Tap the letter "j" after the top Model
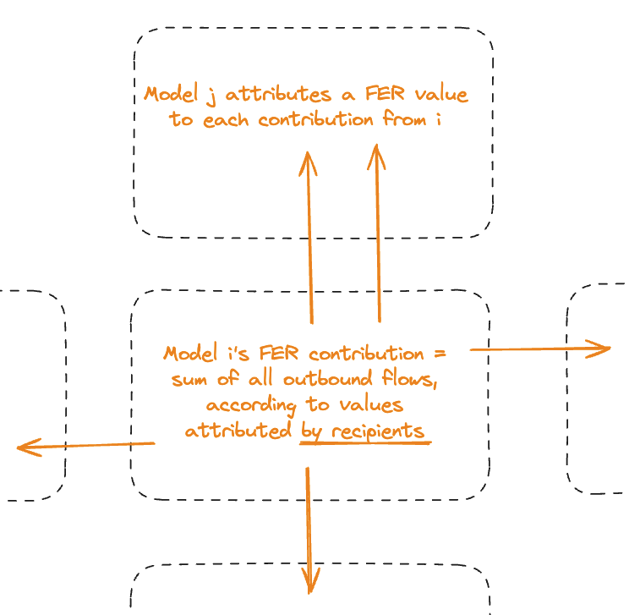pyautogui.click(x=209, y=93)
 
